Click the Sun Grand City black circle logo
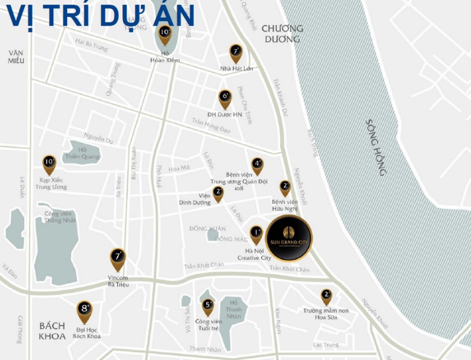coord(289,238)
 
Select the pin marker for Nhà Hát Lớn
coord(236,53)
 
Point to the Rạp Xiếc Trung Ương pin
coord(49,164)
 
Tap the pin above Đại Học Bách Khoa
coord(84,311)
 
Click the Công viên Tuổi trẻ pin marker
coord(208,306)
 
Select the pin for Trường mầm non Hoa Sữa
coord(326,296)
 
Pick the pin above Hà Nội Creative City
coord(256,235)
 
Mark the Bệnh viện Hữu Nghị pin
coord(285,187)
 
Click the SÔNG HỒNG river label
coord(376,147)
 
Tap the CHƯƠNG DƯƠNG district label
coord(282,34)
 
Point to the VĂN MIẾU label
coord(16,56)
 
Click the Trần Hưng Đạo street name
coord(211,125)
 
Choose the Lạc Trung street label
coord(326,345)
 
